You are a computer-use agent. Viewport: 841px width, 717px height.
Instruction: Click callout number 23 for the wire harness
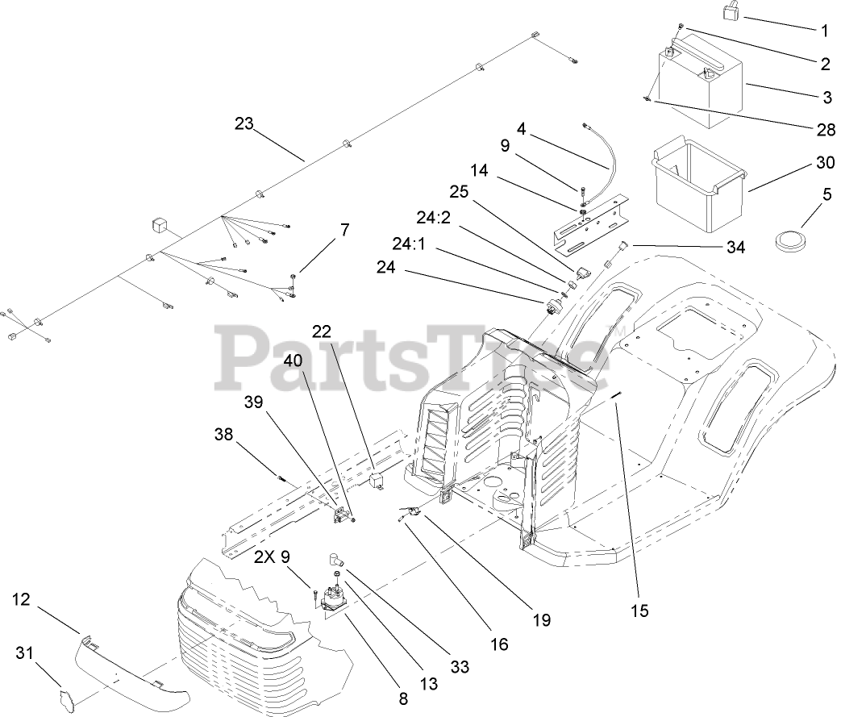244,123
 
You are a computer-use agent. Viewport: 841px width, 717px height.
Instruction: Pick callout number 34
735,247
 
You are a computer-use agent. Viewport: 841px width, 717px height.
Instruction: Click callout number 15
639,610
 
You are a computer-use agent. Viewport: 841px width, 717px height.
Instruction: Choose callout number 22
322,331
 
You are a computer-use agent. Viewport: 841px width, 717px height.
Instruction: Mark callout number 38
223,434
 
